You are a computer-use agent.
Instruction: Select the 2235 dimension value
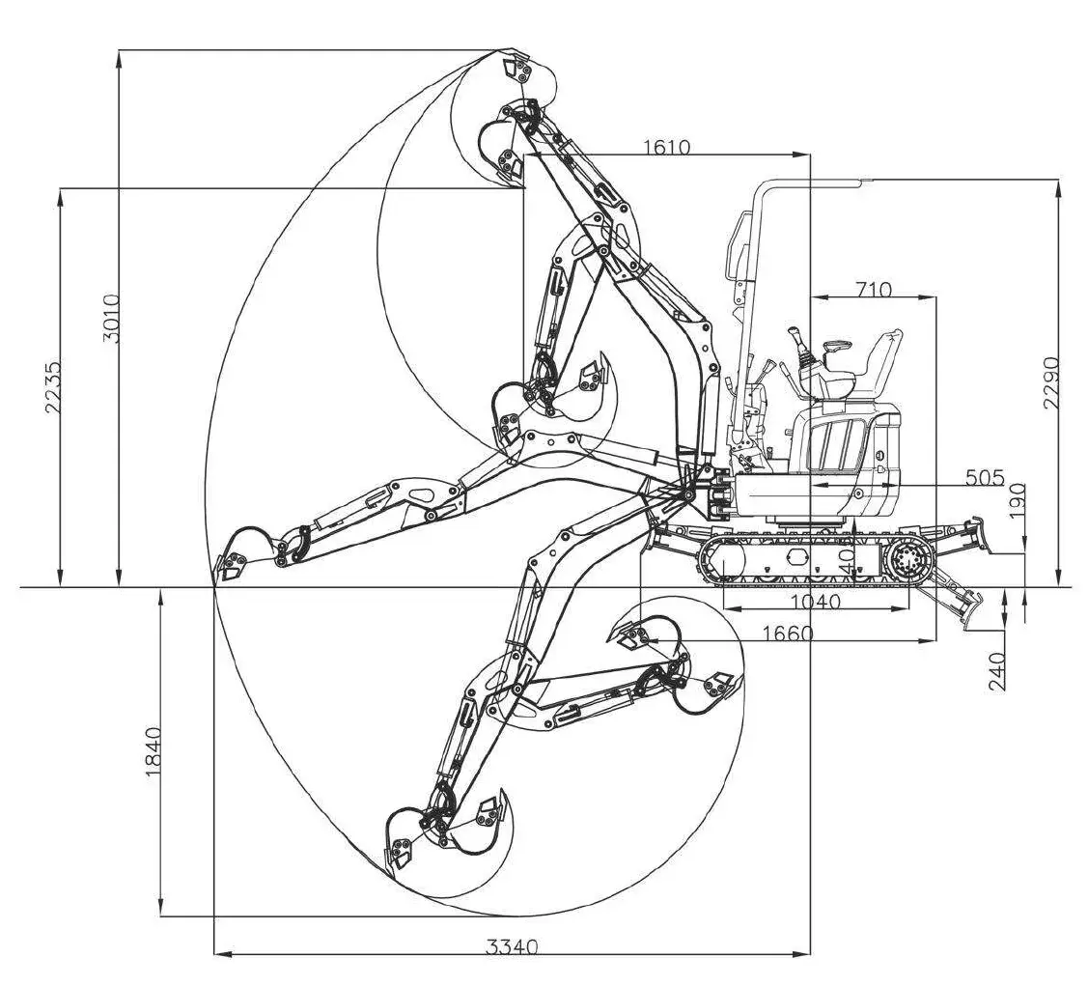point(54,387)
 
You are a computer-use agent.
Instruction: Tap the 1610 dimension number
point(666,147)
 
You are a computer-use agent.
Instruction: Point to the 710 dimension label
point(874,289)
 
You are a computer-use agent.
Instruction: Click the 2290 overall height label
point(1051,382)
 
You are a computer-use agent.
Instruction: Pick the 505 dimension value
point(985,477)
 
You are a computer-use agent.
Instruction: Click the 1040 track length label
point(816,601)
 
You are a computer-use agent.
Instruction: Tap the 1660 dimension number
point(787,634)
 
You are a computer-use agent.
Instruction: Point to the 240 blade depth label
point(997,671)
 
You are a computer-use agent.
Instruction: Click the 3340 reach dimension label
point(511,946)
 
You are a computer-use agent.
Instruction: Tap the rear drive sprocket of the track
point(909,559)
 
